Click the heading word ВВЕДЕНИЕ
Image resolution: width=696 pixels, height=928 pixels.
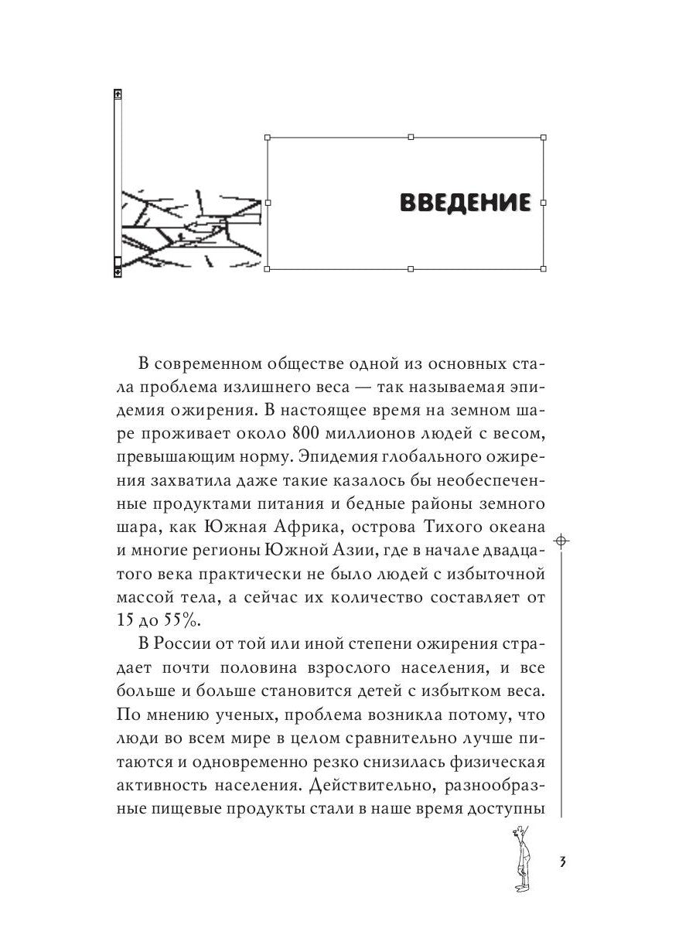tap(465, 203)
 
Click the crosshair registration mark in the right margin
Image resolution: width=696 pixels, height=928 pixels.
tap(562, 540)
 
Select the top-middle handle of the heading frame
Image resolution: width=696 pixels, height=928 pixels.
tap(411, 137)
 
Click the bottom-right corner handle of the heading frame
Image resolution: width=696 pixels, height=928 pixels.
tap(544, 268)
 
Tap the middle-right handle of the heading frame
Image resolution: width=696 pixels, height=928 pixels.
tap(544, 203)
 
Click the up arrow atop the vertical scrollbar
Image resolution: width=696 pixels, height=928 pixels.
tap(118, 94)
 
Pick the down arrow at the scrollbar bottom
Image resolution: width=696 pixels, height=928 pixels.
tap(118, 271)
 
